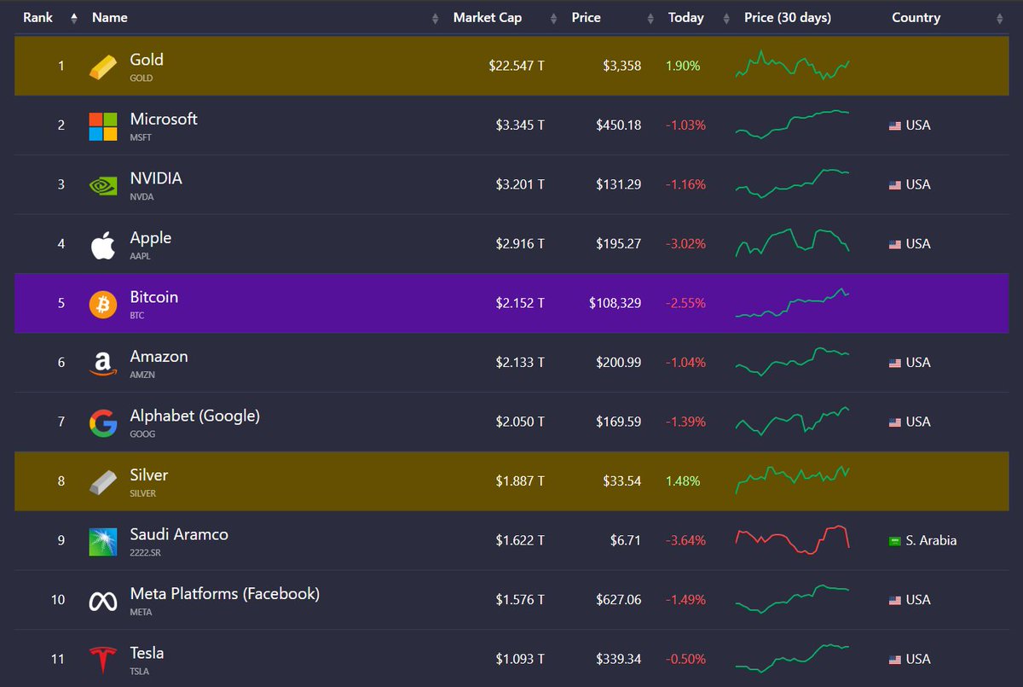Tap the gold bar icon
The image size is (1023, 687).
click(x=103, y=67)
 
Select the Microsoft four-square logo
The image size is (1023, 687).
click(x=103, y=126)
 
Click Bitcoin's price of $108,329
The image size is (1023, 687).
click(x=615, y=303)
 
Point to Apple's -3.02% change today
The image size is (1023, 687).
click(x=685, y=244)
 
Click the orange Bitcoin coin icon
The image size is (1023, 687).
click(x=103, y=304)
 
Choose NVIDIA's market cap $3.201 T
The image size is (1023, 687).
click(x=520, y=184)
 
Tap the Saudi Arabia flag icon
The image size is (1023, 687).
click(x=895, y=541)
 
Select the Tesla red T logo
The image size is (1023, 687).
click(x=103, y=660)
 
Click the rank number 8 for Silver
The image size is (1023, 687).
click(x=61, y=481)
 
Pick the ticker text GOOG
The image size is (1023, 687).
click(x=142, y=434)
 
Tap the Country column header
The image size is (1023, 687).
click(x=916, y=18)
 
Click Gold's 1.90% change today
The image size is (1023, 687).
click(x=683, y=66)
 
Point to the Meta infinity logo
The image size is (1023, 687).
click(x=103, y=601)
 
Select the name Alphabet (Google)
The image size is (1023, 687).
click(x=194, y=416)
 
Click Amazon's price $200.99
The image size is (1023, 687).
click(x=618, y=363)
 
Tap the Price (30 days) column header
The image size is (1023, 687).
click(x=787, y=18)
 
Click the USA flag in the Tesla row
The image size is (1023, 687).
click(x=895, y=660)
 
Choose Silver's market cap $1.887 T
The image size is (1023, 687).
click(x=520, y=481)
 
